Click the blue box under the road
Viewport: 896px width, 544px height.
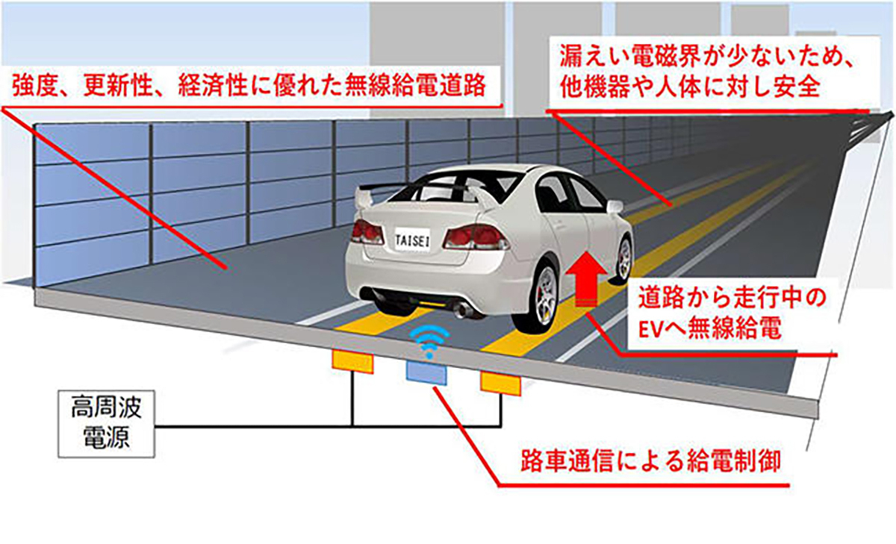tap(426, 371)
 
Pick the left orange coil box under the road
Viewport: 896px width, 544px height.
tap(352, 361)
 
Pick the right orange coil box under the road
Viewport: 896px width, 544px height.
tap(500, 382)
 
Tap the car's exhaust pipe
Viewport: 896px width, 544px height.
tap(462, 309)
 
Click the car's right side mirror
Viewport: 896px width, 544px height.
tap(615, 206)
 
